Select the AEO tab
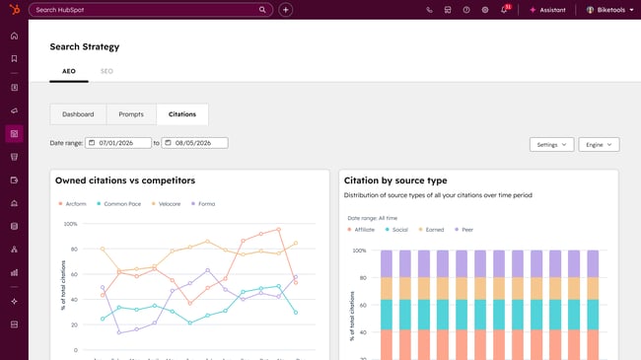pos(69,72)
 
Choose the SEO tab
pos(107,72)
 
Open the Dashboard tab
pos(78,114)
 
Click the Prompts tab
pos(131,114)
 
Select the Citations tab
pos(182,114)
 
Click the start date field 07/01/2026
pos(118,143)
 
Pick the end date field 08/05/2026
pos(194,143)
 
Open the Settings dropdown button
pos(551,145)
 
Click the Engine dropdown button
pos(599,145)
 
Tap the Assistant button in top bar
pos(547,10)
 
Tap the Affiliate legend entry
pos(363,229)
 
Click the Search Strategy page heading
pos(85,46)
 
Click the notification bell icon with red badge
pos(504,10)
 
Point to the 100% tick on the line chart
pos(70,224)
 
